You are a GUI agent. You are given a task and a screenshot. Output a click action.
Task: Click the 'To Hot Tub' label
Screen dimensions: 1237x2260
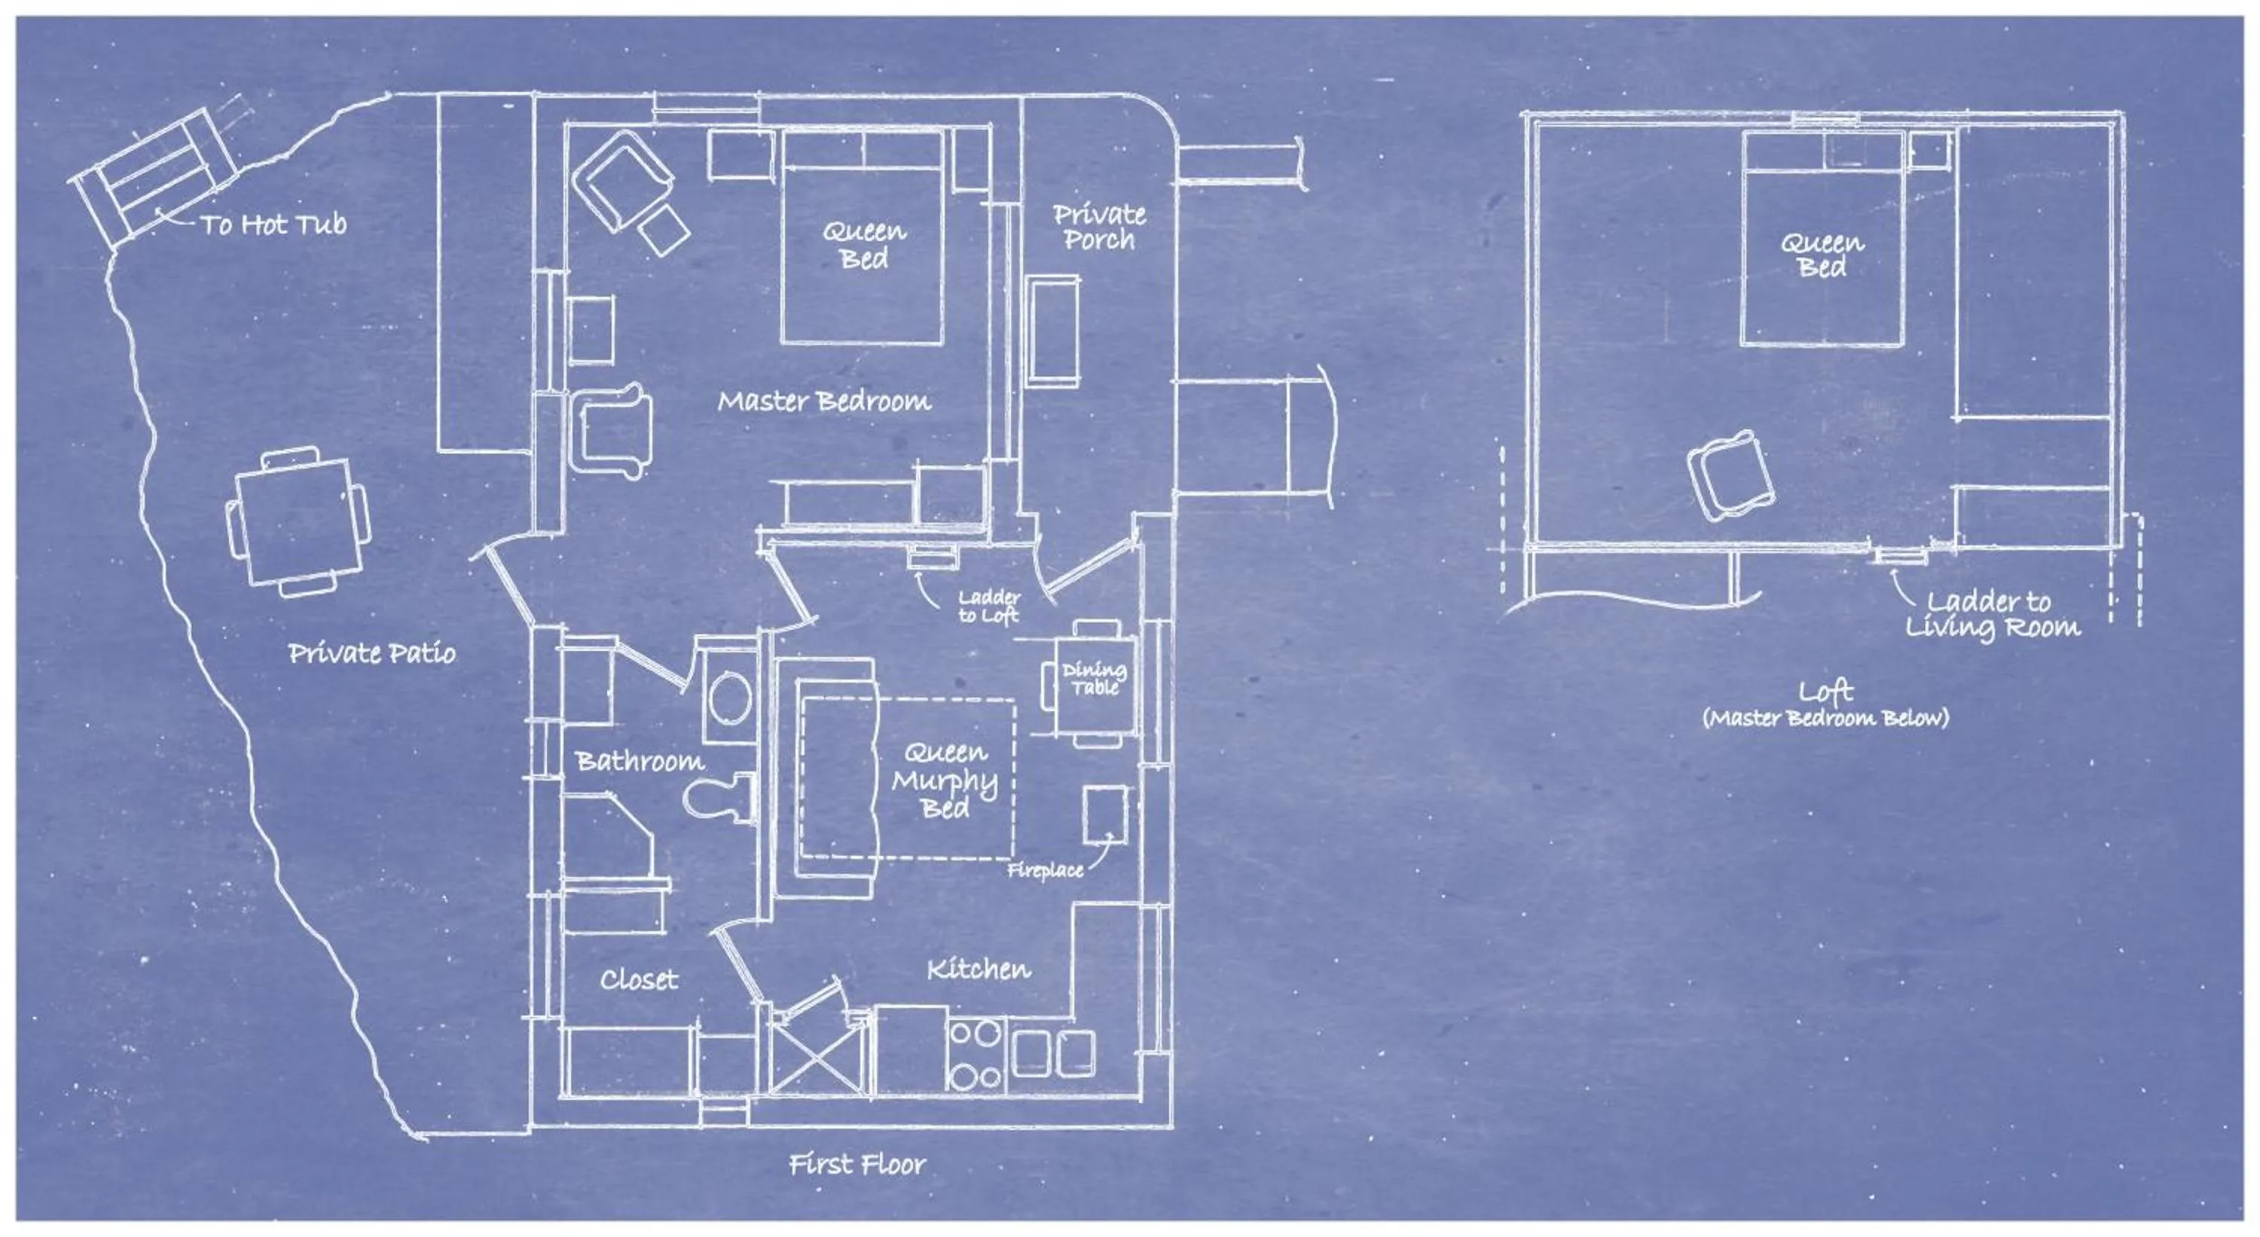coord(273,224)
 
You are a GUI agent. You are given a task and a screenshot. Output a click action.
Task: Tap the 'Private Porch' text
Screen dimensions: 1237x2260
coord(1099,228)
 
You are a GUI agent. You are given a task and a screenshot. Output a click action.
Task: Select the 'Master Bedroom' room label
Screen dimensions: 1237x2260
coord(824,402)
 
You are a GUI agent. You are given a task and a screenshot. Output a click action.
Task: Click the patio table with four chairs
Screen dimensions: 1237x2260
coord(298,523)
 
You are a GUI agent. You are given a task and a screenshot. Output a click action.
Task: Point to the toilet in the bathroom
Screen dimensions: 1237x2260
coord(721,799)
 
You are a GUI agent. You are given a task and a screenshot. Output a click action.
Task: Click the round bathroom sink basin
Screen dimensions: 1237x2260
coord(730,698)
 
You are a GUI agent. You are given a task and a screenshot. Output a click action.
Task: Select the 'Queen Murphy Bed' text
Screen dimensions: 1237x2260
coord(945,780)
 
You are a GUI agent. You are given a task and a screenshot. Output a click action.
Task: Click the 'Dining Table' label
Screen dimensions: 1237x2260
coord(1094,679)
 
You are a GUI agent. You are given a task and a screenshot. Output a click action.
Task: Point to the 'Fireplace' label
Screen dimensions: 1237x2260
coord(1044,870)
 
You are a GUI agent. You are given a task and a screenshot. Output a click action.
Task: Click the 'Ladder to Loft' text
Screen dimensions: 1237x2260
coord(988,607)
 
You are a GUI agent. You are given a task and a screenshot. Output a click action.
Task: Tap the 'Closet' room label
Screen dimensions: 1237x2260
coord(639,979)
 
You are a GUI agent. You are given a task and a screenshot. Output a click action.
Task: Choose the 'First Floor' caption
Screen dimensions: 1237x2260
coord(857,1164)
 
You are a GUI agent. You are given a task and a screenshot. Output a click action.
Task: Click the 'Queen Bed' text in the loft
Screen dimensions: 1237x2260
coord(1822,255)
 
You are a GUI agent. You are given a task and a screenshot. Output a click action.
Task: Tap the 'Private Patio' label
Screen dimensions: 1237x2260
coord(372,652)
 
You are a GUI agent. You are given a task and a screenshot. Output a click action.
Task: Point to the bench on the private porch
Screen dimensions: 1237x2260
coord(1053,331)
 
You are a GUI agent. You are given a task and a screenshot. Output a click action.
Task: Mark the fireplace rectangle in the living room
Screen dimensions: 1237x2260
coord(1104,815)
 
